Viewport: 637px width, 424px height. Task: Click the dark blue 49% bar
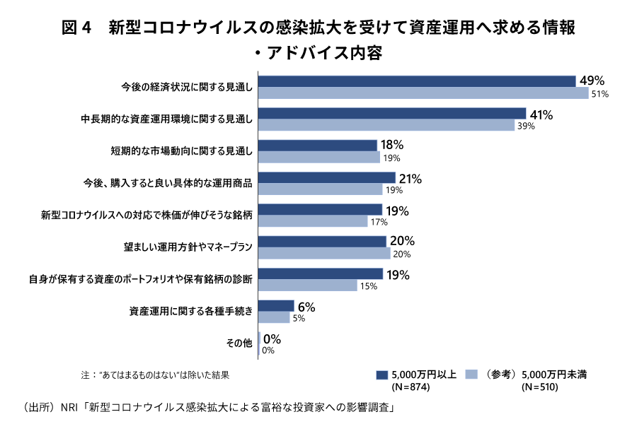coord(418,81)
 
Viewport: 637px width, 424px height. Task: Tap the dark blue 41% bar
coord(393,114)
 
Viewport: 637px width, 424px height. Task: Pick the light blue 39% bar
coord(386,126)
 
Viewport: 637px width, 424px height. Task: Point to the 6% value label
coord(306,308)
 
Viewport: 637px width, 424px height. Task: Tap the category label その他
coord(239,343)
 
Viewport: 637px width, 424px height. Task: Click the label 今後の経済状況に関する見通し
coord(187,87)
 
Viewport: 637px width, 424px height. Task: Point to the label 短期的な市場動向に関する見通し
coord(182,151)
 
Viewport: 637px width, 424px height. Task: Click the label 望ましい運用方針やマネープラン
coord(188,247)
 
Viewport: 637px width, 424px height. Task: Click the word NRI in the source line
coord(68,408)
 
